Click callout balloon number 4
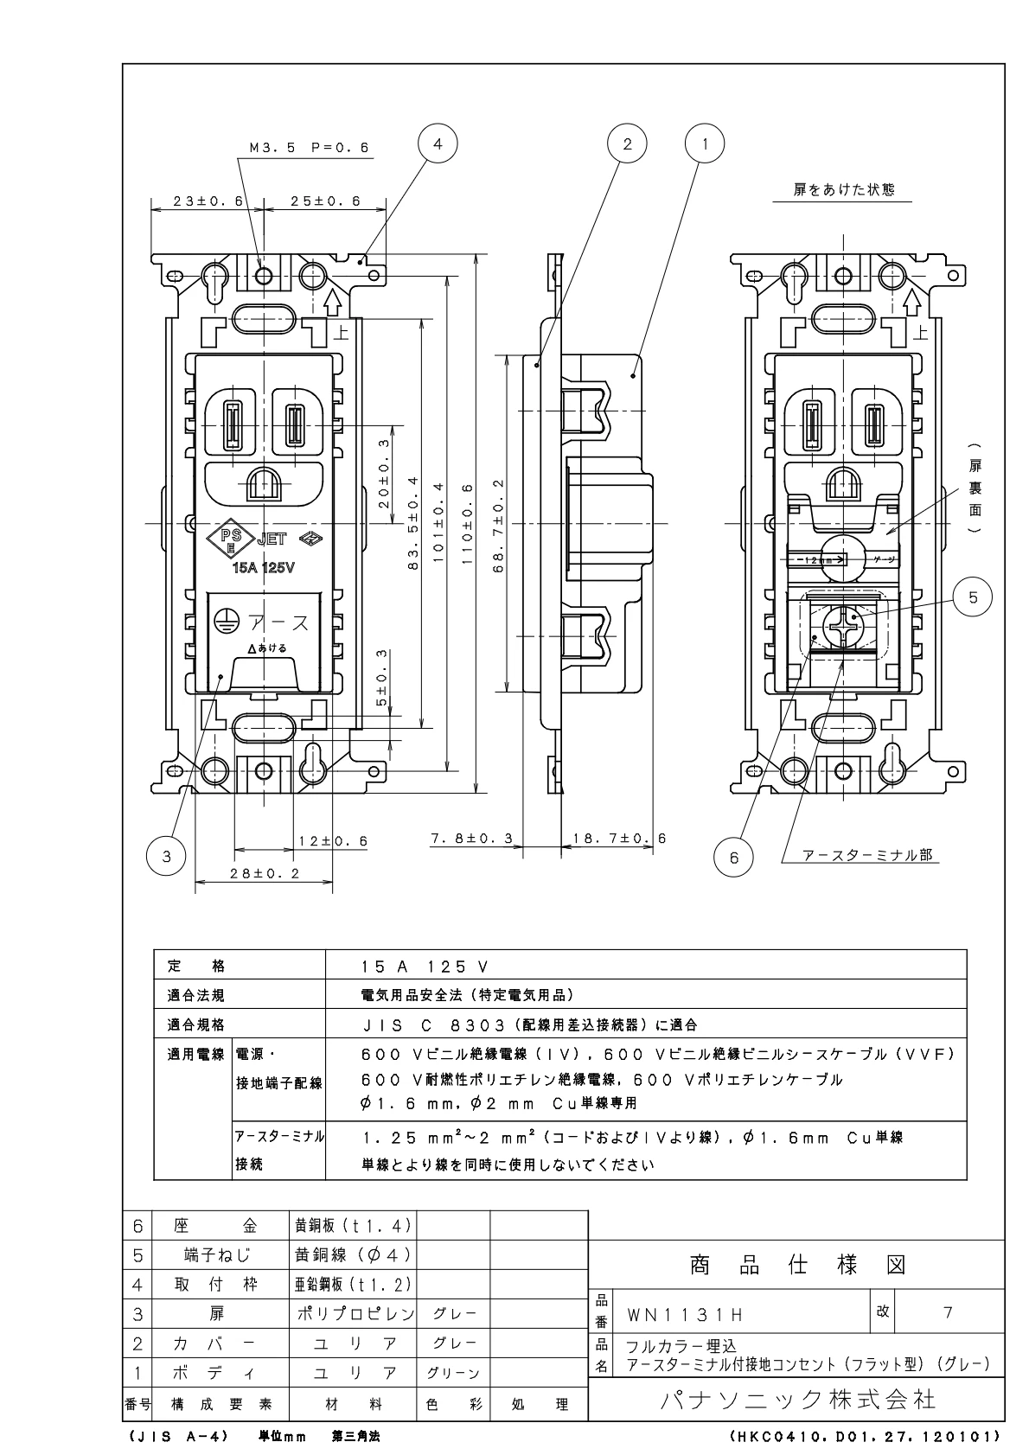point(437,144)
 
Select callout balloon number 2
point(627,144)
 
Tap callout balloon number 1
point(705,144)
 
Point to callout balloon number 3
point(167,856)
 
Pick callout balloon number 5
point(973,597)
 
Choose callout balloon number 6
point(734,857)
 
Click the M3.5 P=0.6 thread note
point(309,148)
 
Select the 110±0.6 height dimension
point(468,524)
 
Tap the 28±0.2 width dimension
point(264,873)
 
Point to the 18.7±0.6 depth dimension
point(613,839)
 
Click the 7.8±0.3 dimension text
point(471,839)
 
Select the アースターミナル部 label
point(867,854)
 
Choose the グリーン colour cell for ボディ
point(453,1373)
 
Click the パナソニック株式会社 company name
point(797,1399)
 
